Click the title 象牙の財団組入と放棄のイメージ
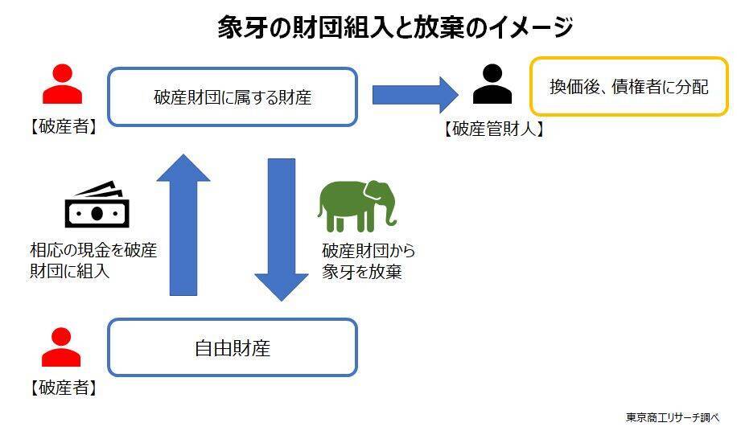[394, 27]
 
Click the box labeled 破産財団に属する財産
[232, 97]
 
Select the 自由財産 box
[232, 347]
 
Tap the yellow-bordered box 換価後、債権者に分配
[628, 87]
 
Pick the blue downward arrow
[281, 230]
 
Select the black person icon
[492, 84]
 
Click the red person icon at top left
[62, 84]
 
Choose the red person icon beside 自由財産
[62, 347]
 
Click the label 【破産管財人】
[492, 129]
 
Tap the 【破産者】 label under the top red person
[63, 126]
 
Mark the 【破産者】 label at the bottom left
[63, 388]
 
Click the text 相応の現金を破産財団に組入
[93, 261]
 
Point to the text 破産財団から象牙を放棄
[368, 261]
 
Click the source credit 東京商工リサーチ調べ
[672, 417]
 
